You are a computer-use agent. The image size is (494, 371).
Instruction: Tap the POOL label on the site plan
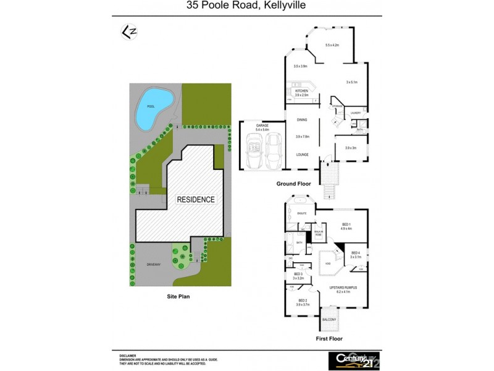tap(151, 106)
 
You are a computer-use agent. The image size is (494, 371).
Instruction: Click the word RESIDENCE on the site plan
tap(196, 200)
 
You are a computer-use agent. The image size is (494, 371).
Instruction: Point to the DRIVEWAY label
tap(154, 264)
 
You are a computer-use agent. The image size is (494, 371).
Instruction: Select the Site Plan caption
tap(178, 296)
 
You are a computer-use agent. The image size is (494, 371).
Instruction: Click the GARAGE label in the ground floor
tap(262, 125)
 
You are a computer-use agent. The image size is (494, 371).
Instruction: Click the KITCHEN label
tap(301, 91)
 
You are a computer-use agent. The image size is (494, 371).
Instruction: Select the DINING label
tap(302, 119)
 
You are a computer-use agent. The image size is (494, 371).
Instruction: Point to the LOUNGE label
tap(302, 154)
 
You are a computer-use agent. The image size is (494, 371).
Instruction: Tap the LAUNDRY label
tap(355, 113)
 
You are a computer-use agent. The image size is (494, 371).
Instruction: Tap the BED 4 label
tap(356, 252)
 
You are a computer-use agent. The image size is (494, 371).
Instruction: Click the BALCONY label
tap(330, 320)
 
